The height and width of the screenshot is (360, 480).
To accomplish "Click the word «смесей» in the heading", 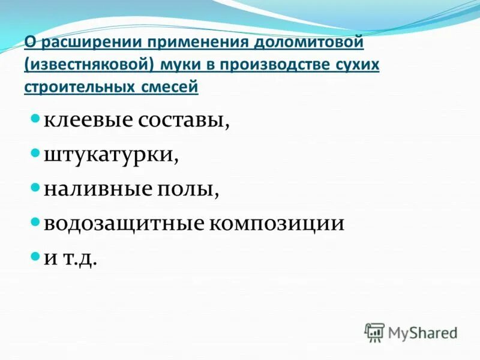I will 168,87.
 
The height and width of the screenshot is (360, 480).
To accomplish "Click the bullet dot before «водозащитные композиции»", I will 35,222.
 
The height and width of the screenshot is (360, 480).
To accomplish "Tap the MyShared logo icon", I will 374,332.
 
